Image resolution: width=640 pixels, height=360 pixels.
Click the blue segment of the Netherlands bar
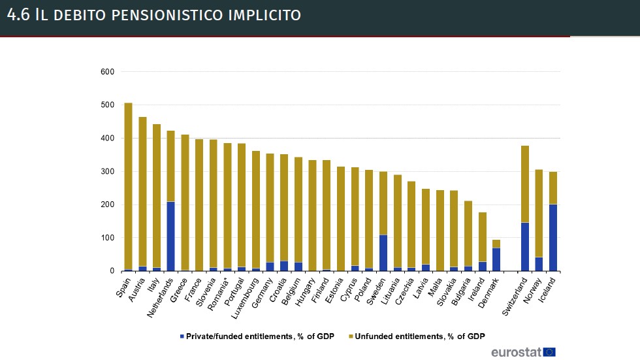(170, 236)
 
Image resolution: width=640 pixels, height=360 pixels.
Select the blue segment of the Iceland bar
(552, 237)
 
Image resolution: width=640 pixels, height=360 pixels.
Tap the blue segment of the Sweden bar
(383, 253)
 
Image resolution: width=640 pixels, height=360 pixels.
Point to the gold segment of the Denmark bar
(496, 244)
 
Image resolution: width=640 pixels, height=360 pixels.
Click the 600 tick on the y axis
(107, 72)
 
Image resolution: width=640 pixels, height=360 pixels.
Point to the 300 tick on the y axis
(107, 172)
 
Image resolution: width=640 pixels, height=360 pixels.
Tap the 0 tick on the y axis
(112, 271)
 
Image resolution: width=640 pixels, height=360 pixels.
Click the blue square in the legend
(182, 336)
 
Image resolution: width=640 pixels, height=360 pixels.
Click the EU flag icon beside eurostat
(549, 352)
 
